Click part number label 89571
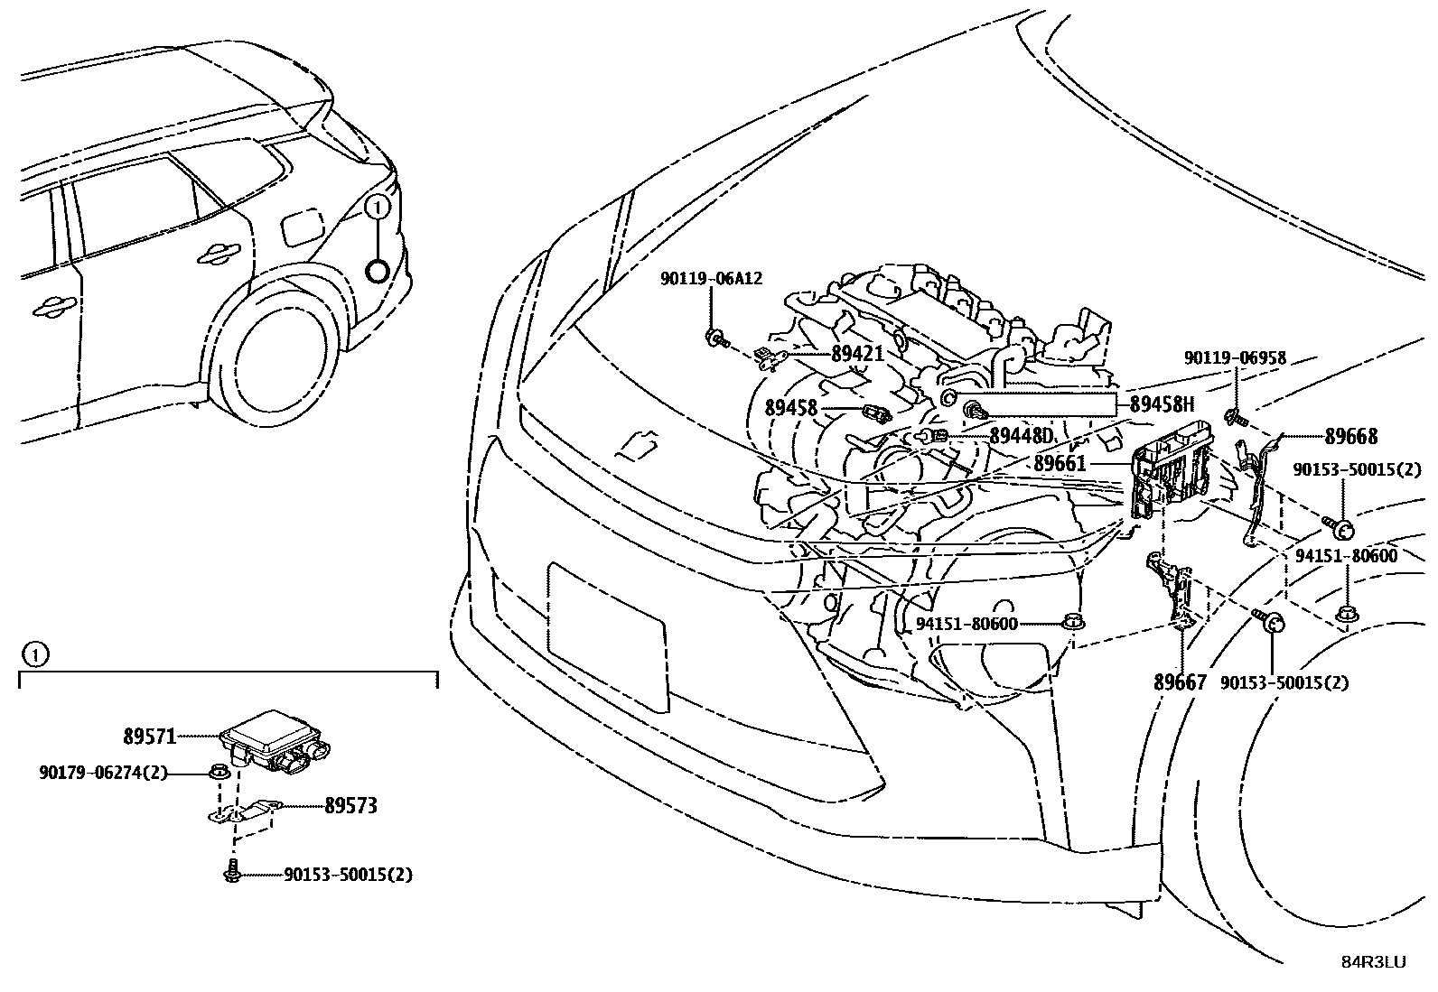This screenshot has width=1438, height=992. pyautogui.click(x=149, y=737)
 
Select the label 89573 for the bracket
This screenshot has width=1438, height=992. pyautogui.click(x=350, y=806)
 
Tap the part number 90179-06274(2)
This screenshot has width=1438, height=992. pyautogui.click(x=103, y=773)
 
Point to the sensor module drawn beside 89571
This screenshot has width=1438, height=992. pyautogui.click(x=275, y=739)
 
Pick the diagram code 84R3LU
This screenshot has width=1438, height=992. pyautogui.click(x=1372, y=962)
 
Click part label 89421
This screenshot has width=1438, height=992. pyautogui.click(x=856, y=354)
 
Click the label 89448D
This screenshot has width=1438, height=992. pyautogui.click(x=1022, y=436)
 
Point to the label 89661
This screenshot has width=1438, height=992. pyautogui.click(x=1060, y=464)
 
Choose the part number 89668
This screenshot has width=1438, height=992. pyautogui.click(x=1351, y=437)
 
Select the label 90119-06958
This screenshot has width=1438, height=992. pyautogui.click(x=1235, y=358)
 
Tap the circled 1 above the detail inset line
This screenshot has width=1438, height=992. pyautogui.click(x=33, y=654)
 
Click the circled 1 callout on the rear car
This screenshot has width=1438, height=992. pyautogui.click(x=378, y=208)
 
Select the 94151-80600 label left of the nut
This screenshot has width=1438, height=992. pyautogui.click(x=966, y=624)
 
